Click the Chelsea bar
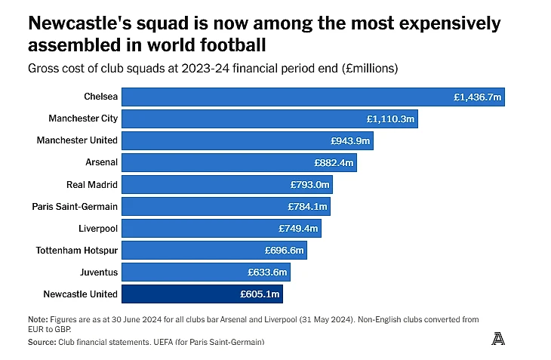point(312,97)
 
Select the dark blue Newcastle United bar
point(202,294)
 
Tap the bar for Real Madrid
point(226,184)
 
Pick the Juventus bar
point(205,272)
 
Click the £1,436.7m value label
point(477,97)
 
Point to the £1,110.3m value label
point(391,118)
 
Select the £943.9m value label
point(350,140)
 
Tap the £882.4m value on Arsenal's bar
point(334,162)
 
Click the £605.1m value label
point(260,294)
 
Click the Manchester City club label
point(83,118)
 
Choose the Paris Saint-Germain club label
point(75,206)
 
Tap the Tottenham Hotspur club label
point(77,250)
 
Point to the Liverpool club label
point(98,228)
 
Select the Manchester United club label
point(77,140)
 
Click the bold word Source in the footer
point(41,342)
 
